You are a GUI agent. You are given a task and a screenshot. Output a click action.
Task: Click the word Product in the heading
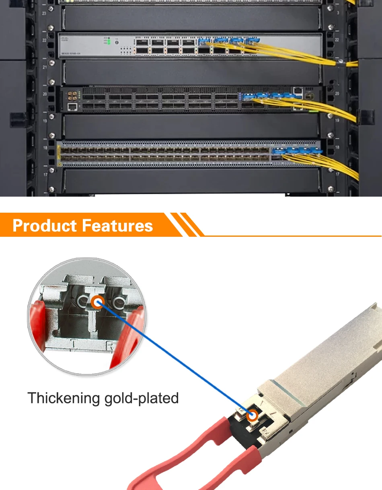(x=45, y=226)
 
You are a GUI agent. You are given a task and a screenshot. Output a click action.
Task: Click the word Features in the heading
(x=117, y=226)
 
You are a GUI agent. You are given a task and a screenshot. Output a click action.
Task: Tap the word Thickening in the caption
(x=64, y=398)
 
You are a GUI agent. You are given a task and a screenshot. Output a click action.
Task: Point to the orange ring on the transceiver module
(x=253, y=416)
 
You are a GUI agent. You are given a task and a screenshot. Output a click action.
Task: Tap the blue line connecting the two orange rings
(x=173, y=357)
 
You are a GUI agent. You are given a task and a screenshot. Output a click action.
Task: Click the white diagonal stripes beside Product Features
(x=185, y=225)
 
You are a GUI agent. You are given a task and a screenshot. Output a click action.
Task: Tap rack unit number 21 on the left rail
(x=45, y=67)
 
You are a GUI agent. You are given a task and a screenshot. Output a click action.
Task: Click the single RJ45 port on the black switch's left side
(x=72, y=106)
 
